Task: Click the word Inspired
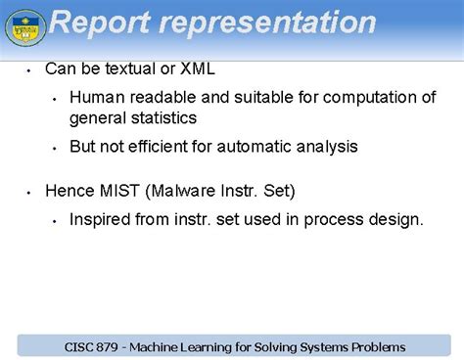(x=99, y=219)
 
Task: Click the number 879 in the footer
(x=114, y=346)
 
